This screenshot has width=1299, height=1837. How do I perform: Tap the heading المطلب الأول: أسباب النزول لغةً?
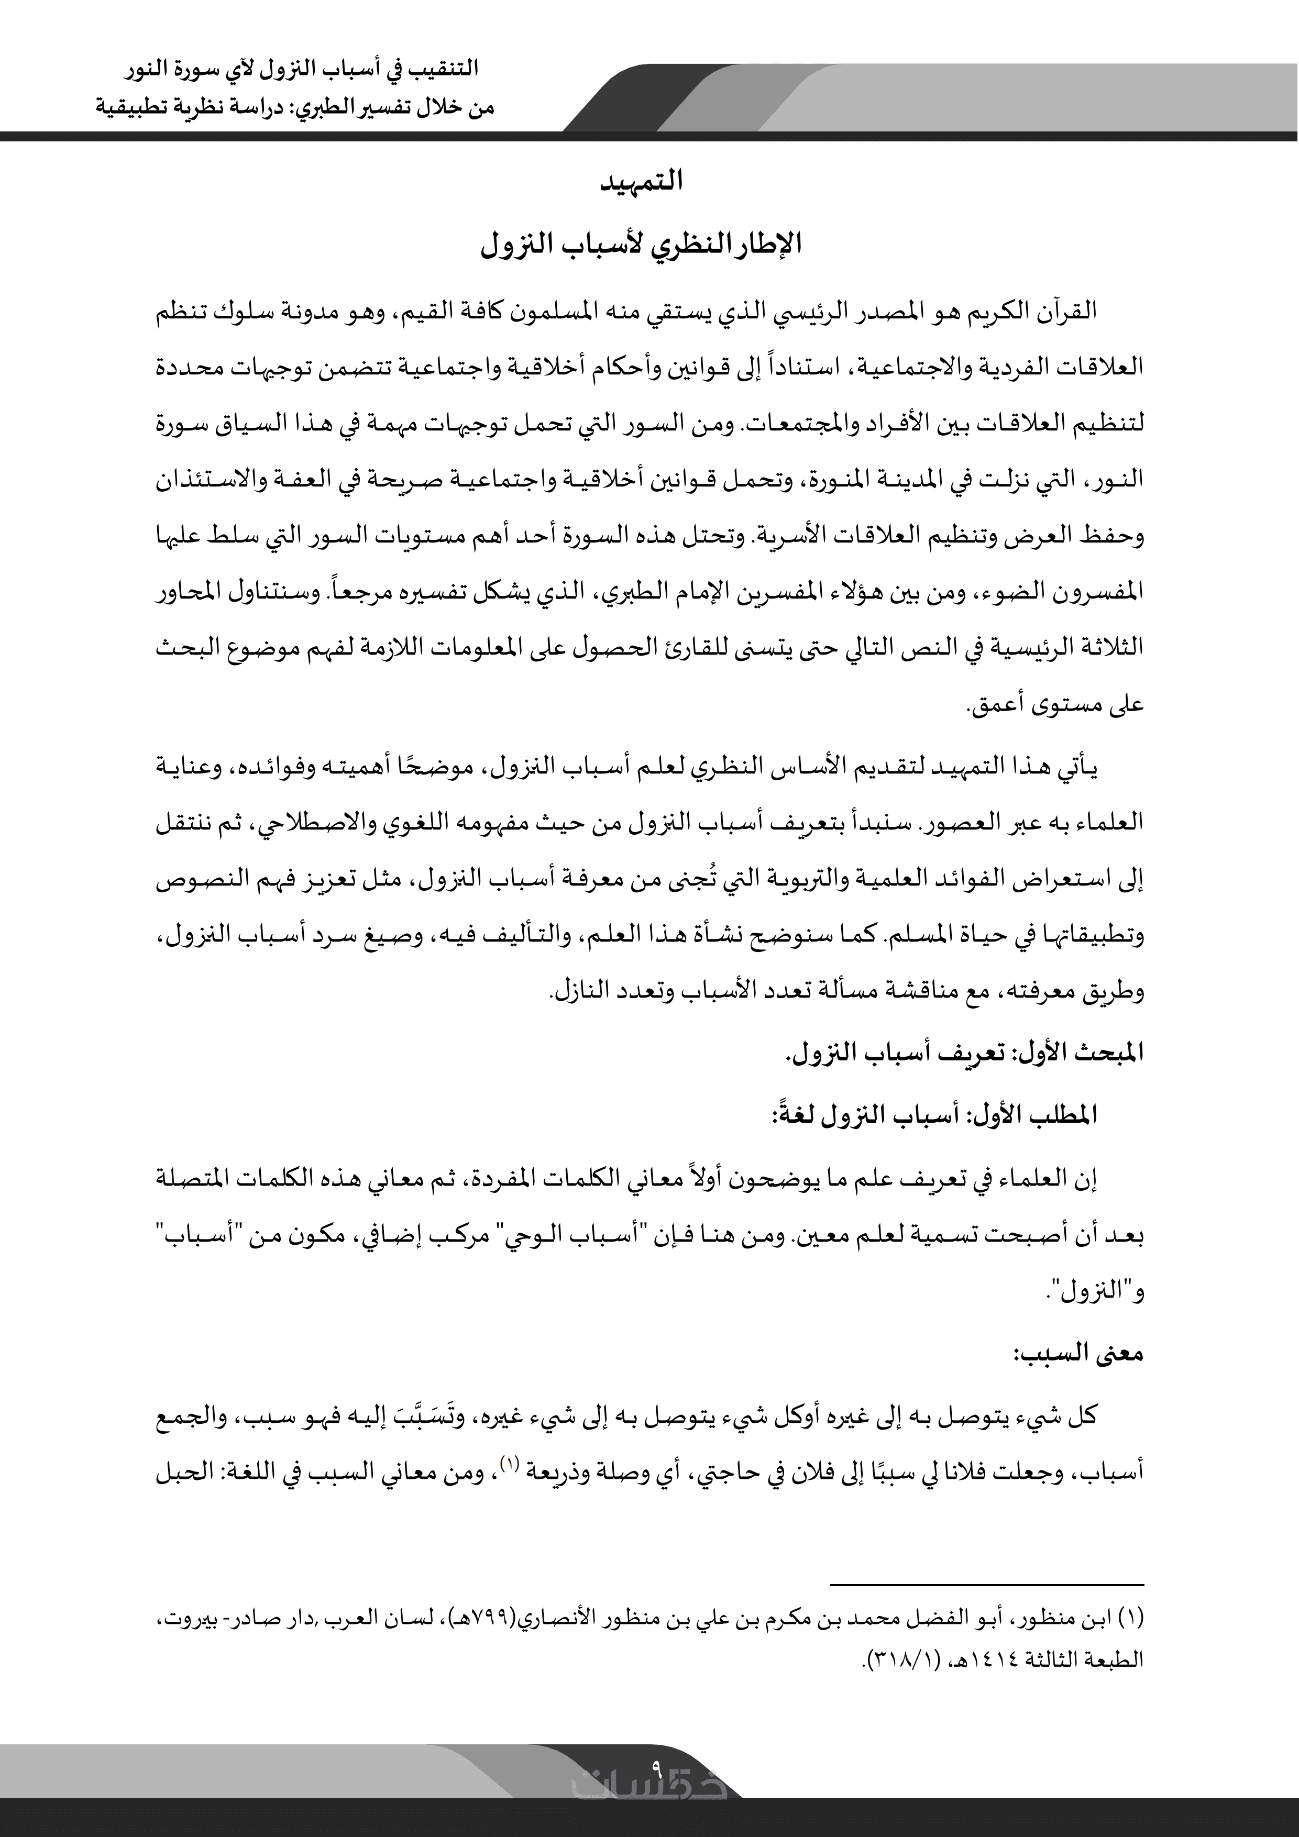pos(937,1114)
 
